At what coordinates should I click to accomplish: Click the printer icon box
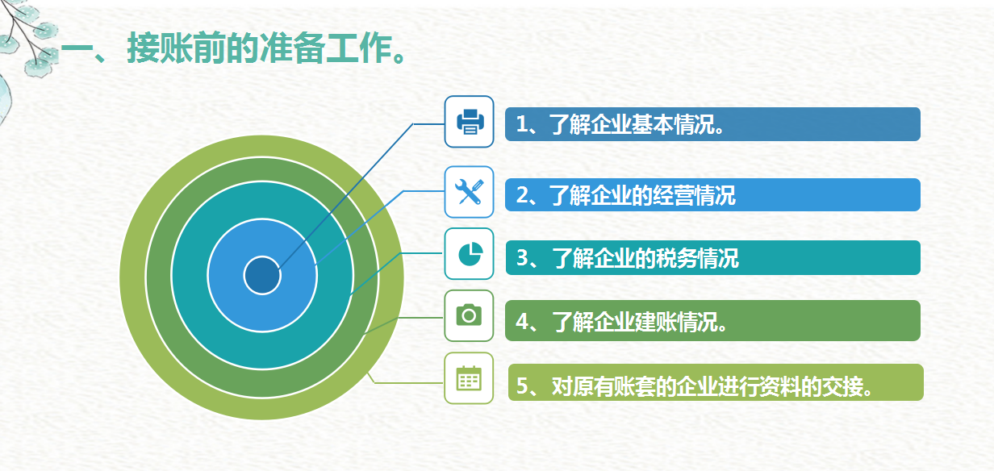click(469, 122)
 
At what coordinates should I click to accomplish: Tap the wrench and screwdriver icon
click(469, 192)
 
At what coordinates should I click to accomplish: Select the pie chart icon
click(469, 254)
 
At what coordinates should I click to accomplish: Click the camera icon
click(469, 315)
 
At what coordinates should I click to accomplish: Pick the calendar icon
click(469, 378)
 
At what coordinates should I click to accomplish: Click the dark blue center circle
click(262, 276)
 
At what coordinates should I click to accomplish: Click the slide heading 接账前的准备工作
click(234, 51)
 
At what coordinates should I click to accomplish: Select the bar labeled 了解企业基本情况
click(712, 124)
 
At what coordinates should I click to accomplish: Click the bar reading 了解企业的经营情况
click(712, 194)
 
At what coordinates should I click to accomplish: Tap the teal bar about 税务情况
click(712, 258)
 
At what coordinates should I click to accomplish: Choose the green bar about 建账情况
click(712, 321)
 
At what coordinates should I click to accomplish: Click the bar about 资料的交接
click(715, 383)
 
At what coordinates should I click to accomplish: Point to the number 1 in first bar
click(522, 125)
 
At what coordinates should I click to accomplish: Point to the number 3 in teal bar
click(522, 259)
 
